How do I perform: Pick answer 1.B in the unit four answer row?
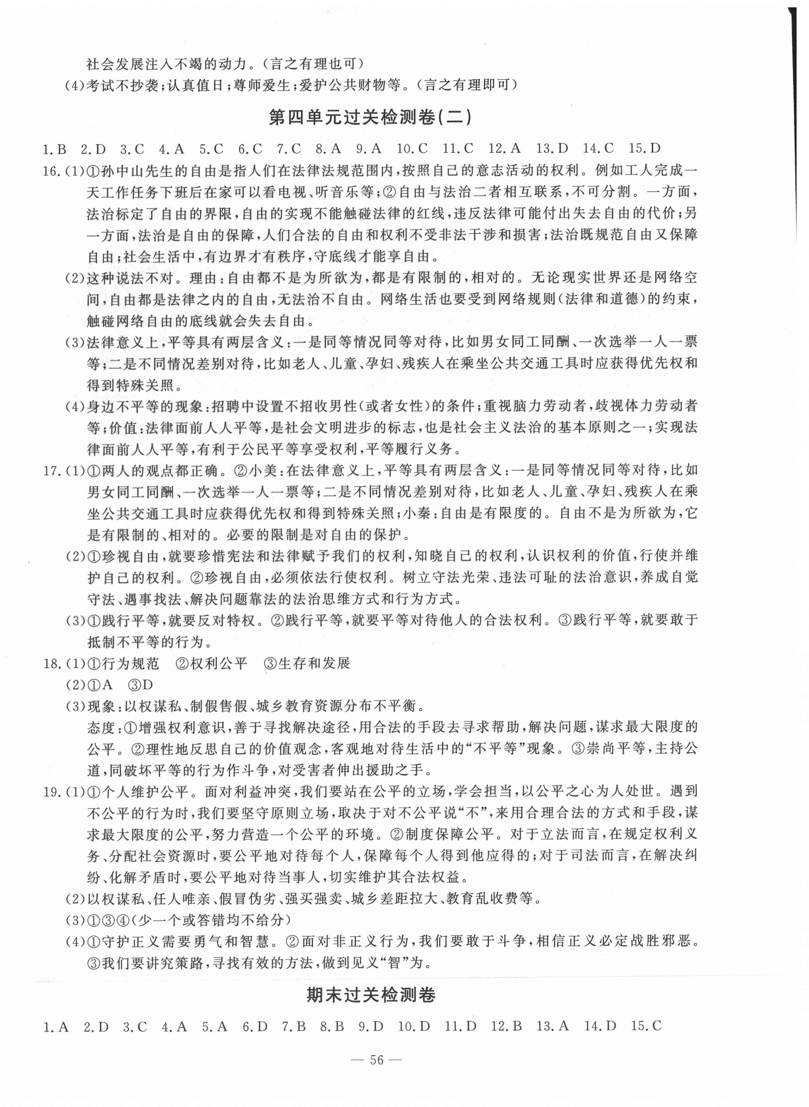tap(54, 149)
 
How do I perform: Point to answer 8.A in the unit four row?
tap(328, 148)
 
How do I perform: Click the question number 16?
tap(51, 171)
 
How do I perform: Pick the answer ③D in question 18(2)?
tap(141, 685)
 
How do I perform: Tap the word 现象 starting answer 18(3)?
tap(101, 706)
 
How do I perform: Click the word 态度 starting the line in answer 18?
tap(101, 728)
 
